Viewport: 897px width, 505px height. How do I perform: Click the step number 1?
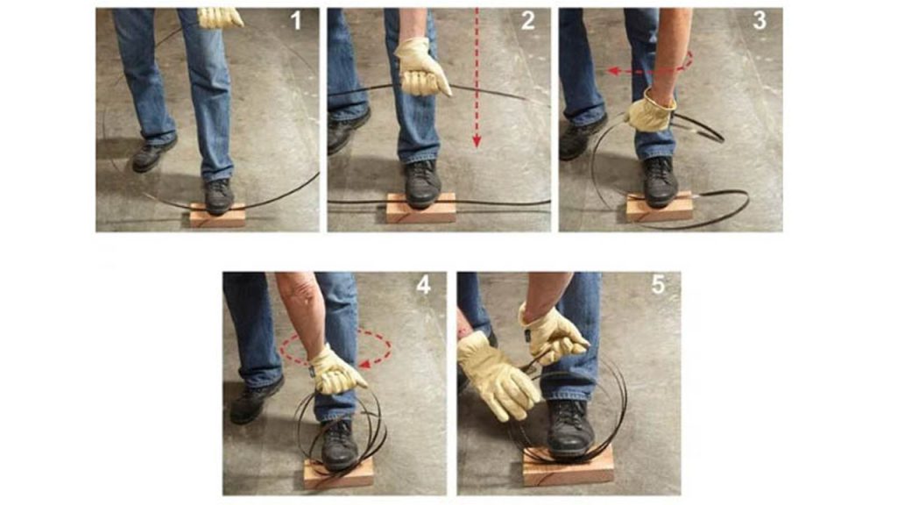click(x=296, y=21)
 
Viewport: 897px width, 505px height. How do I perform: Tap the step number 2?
click(x=528, y=21)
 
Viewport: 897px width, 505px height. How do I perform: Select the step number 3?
click(x=759, y=21)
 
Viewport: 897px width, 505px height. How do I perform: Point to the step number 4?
click(x=423, y=285)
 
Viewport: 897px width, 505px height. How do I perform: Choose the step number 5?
click(x=658, y=285)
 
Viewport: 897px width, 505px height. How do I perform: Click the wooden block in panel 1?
click(x=217, y=216)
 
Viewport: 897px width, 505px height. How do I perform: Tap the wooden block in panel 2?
click(x=421, y=208)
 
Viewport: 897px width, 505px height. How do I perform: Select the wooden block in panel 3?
click(x=660, y=208)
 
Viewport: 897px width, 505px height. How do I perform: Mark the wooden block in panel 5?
click(x=569, y=465)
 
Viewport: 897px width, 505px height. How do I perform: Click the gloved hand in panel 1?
click(x=220, y=18)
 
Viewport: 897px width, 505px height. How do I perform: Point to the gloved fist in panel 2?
click(x=420, y=68)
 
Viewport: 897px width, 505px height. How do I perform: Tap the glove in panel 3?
click(x=650, y=110)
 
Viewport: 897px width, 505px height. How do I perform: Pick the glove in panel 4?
click(x=336, y=371)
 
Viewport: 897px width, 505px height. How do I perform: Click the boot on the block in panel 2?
click(x=422, y=183)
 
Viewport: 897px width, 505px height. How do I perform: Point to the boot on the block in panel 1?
click(x=219, y=196)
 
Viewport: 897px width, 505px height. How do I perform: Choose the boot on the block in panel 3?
click(x=660, y=181)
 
